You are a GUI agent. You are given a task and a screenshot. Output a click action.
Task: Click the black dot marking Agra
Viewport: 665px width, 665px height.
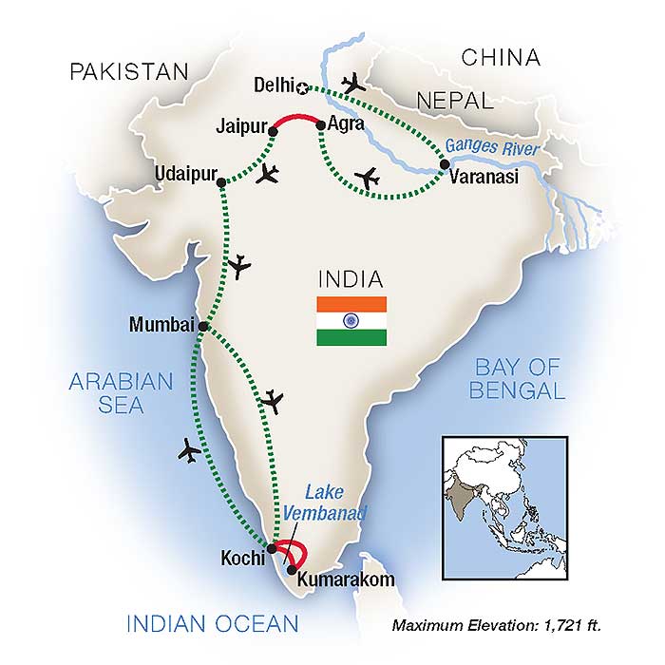coord(320,123)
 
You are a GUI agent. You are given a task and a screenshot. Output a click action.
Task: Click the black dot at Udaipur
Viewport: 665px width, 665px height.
coord(220,182)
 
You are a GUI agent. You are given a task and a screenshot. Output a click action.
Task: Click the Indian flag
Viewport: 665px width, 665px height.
coord(352,321)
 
